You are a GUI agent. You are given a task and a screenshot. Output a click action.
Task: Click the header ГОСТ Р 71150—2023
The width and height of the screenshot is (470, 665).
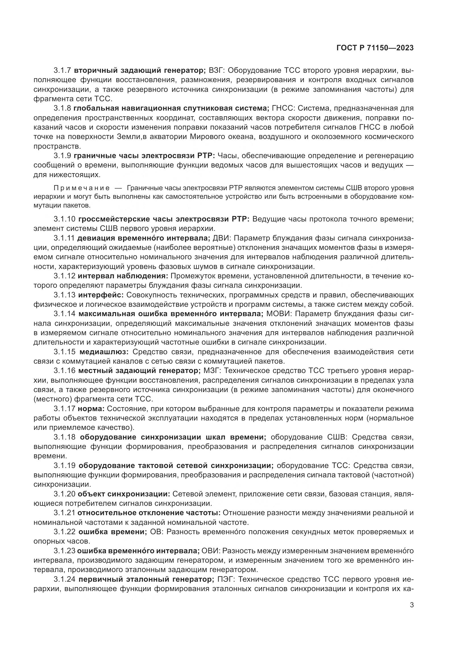pyautogui.click(x=375, y=48)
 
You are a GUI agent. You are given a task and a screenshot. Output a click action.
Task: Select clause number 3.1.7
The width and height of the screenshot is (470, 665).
pyautogui.click(x=62, y=71)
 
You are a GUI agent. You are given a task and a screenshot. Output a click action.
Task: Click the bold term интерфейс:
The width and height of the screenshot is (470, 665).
pyautogui.click(x=101, y=295)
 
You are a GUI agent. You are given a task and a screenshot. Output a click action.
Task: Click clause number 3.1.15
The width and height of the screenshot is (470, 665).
pyautogui.click(x=64, y=352)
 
